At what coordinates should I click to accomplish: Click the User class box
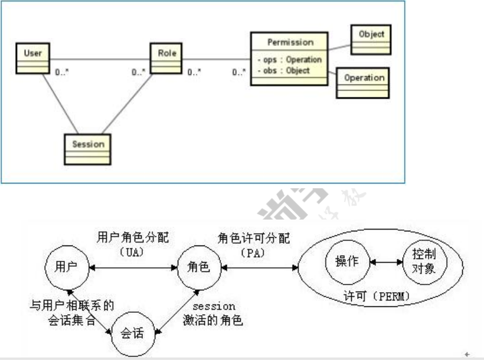33,58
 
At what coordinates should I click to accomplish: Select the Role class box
166,58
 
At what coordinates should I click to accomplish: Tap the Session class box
88,148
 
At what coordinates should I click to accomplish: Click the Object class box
371,39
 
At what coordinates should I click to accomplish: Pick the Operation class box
364,82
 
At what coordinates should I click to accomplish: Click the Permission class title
290,42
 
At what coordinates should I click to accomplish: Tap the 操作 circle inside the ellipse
346,262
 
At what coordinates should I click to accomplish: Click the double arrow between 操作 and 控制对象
386,262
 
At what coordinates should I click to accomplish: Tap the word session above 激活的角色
214,307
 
